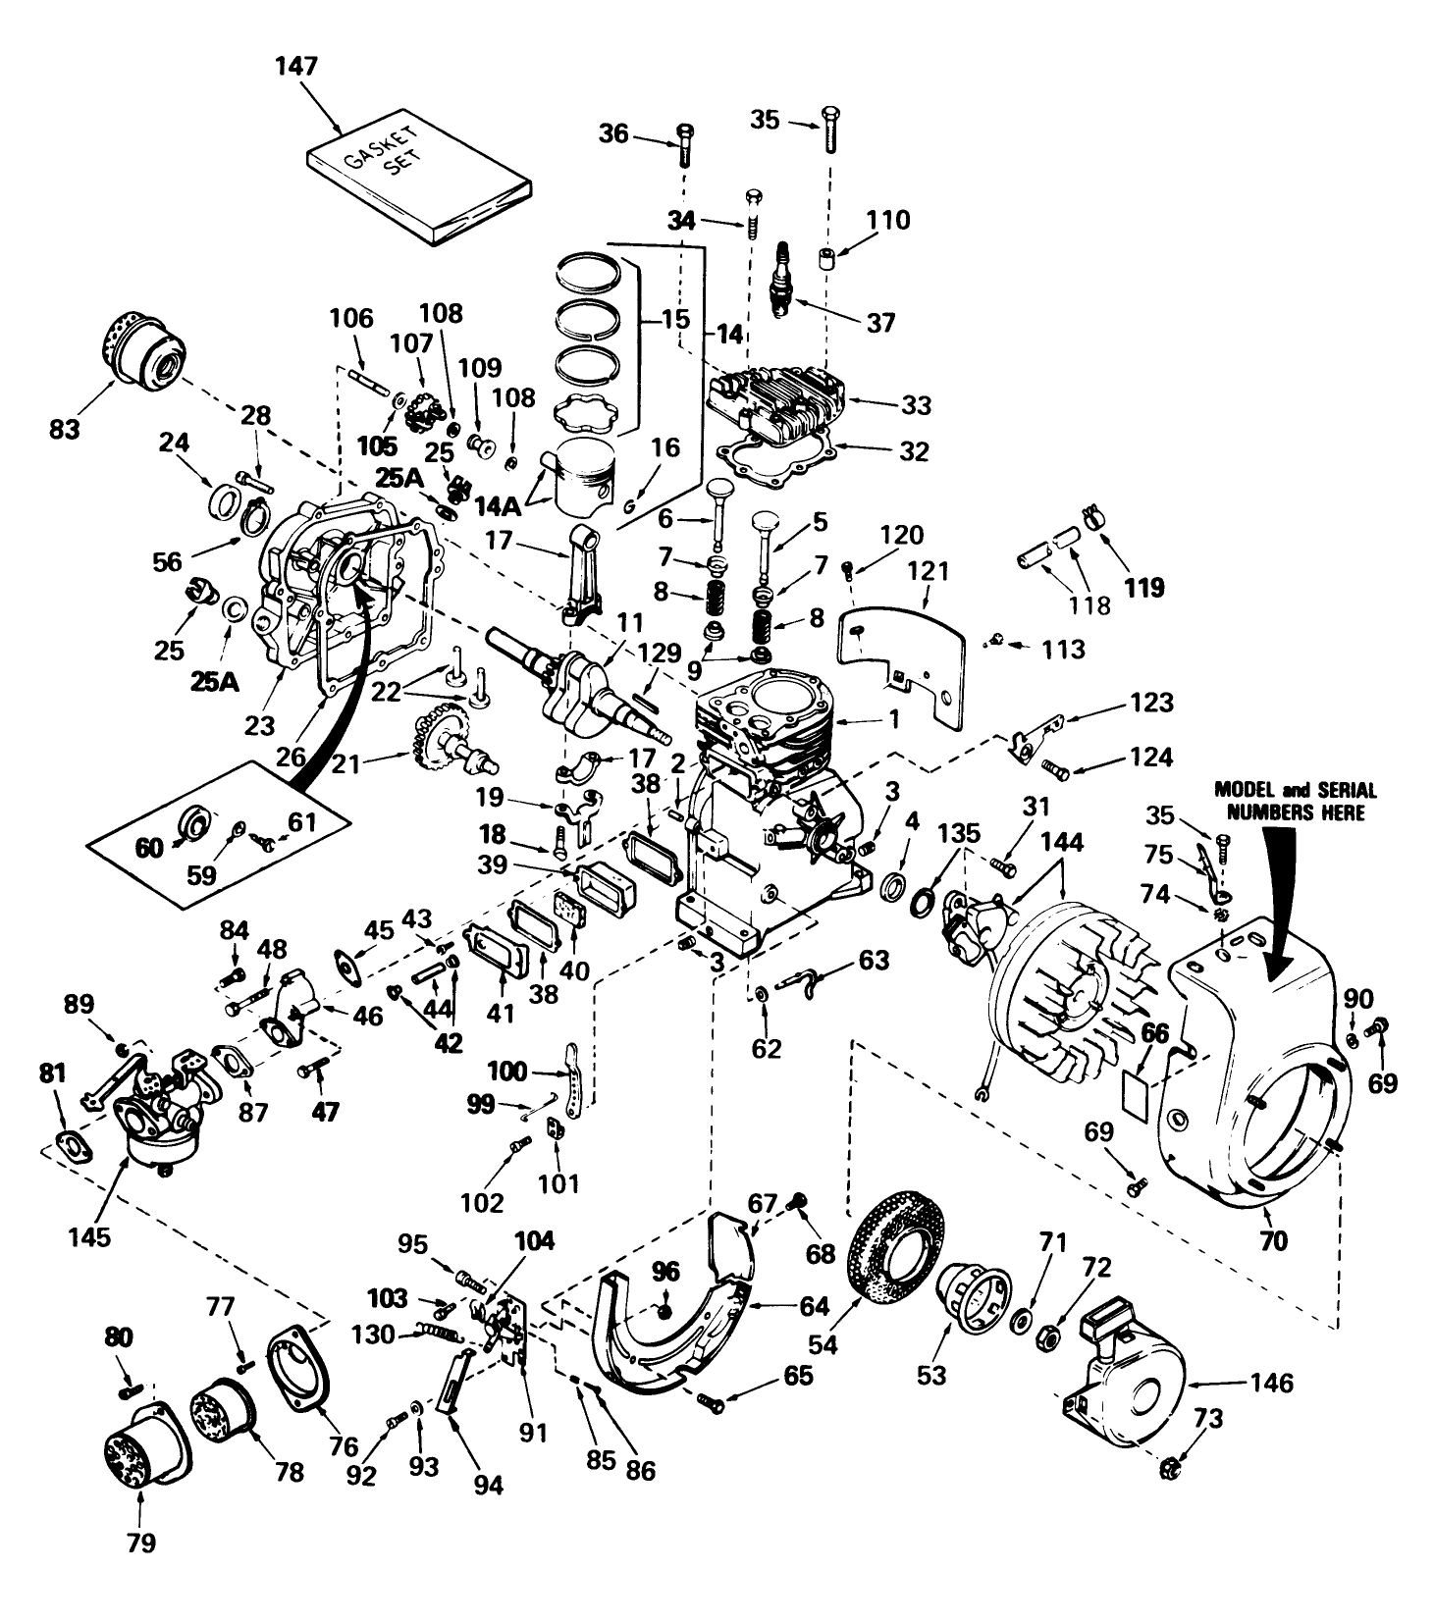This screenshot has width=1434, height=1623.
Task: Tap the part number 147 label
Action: pyautogui.click(x=296, y=67)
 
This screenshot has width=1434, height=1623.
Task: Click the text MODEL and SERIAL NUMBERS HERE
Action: pyautogui.click(x=1295, y=801)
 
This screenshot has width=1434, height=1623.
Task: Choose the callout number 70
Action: pyautogui.click(x=1272, y=1241)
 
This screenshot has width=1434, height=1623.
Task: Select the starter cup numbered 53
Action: pyautogui.click(x=973, y=1298)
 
